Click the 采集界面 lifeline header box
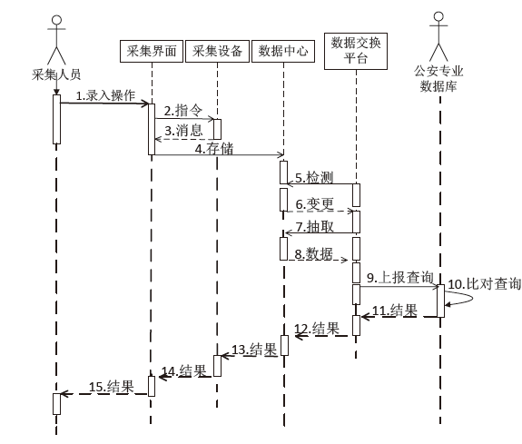point(152,51)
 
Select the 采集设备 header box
point(217,51)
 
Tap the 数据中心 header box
point(283,51)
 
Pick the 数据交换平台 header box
point(356,51)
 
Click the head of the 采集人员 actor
point(56,20)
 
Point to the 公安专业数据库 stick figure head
point(438,17)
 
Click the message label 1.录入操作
point(105,95)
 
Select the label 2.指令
point(182,111)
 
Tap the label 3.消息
point(183,130)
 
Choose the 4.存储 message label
point(214,149)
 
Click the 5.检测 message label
point(314,178)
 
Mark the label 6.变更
point(315,204)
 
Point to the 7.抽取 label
point(315,227)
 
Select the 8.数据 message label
point(313,254)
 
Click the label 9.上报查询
point(400,278)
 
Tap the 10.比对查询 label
point(485,284)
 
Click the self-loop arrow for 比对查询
point(472,298)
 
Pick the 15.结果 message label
point(111,387)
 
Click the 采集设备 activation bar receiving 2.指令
point(217,129)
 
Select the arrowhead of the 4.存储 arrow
point(281,154)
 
